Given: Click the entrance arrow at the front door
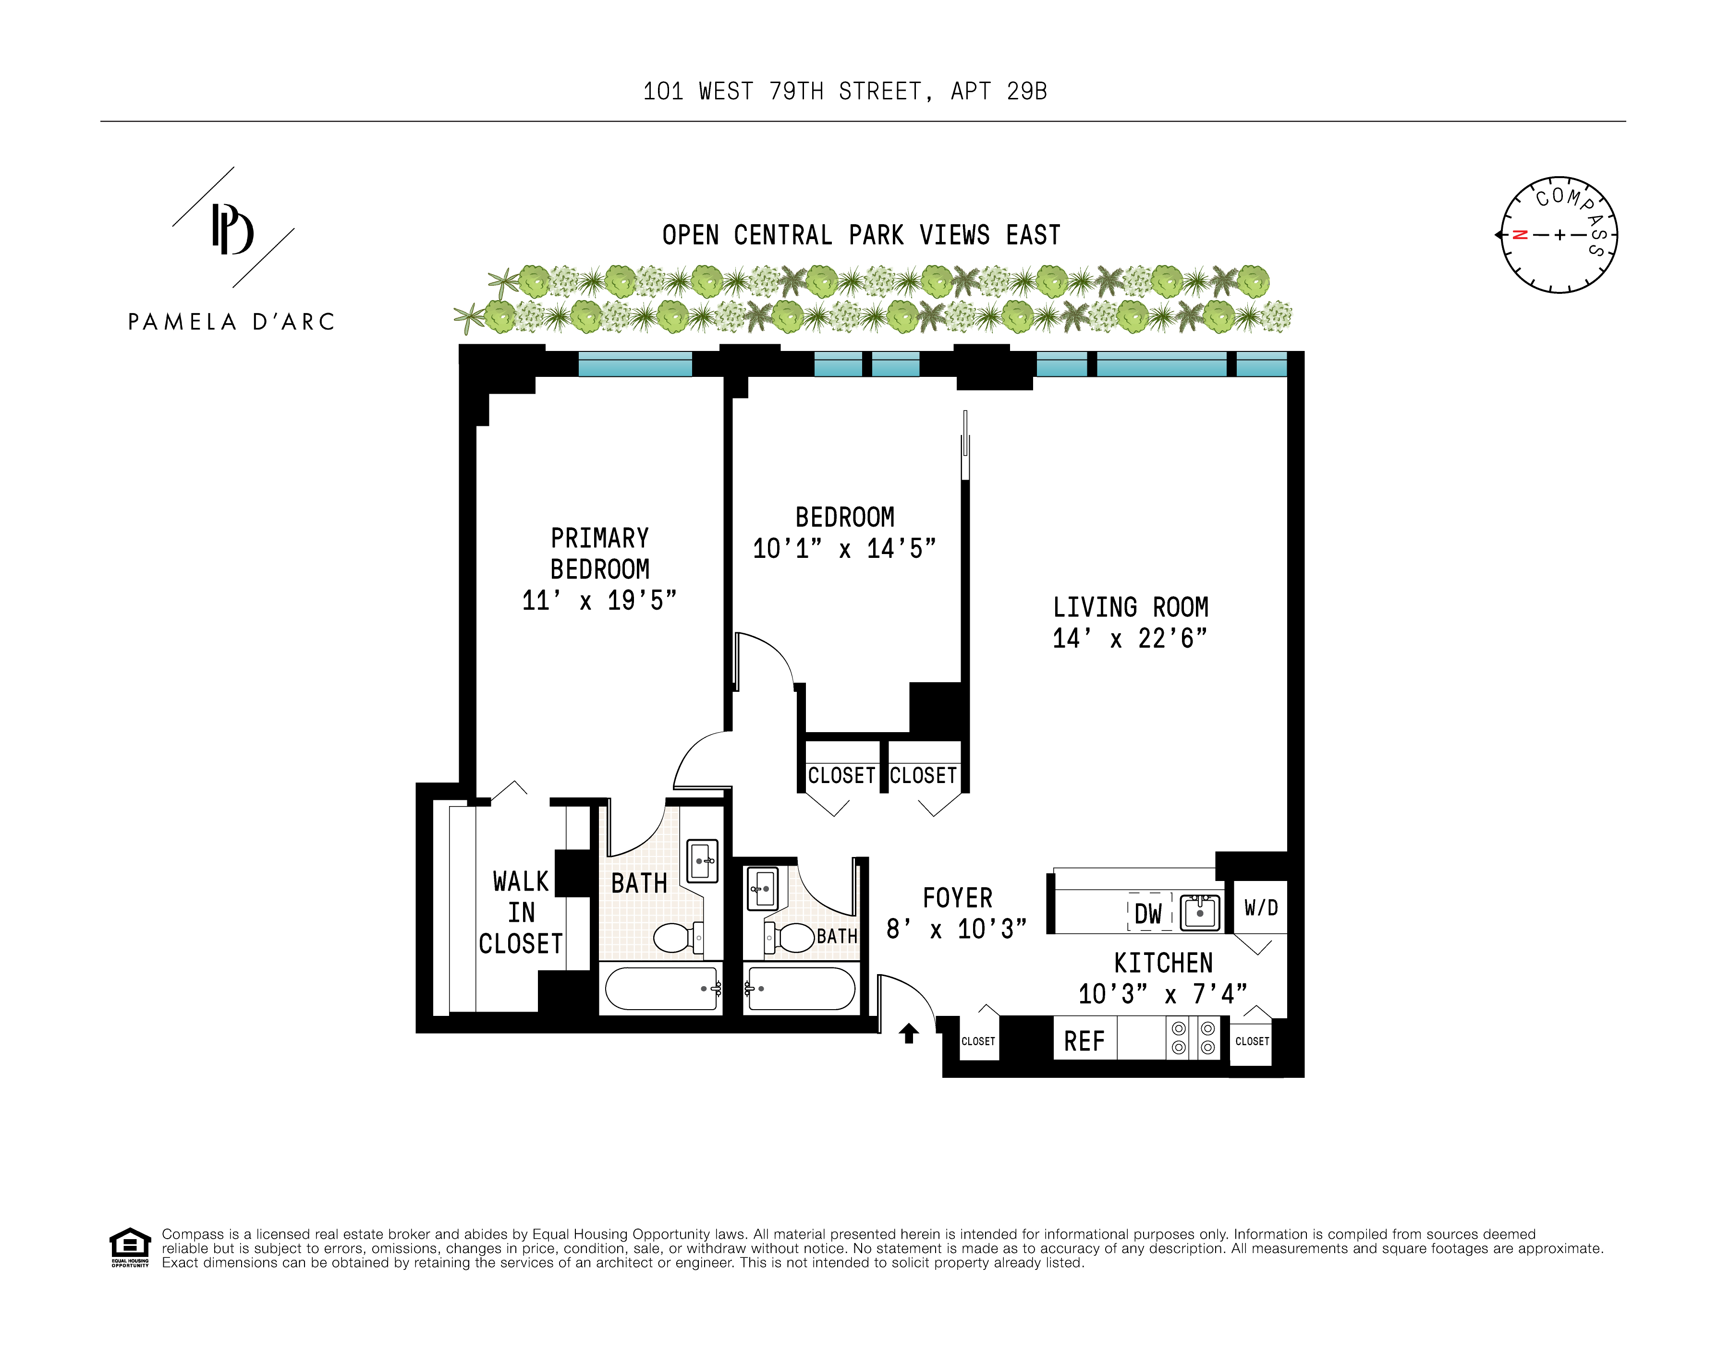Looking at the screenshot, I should (x=909, y=1034).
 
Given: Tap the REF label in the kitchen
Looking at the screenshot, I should (x=1084, y=1041).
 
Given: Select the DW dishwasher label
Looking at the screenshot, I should (x=1148, y=914).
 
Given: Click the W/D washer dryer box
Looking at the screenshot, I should (x=1260, y=907).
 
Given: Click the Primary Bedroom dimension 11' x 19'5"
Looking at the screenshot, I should (x=599, y=600).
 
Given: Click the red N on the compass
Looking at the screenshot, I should (x=1519, y=235).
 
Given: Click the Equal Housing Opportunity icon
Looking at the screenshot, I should (x=130, y=1247).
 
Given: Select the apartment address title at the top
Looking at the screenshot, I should (x=844, y=92).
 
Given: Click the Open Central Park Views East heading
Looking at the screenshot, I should (x=861, y=235).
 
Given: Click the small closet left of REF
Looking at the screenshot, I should (x=978, y=1040).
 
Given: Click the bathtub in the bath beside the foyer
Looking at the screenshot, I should (x=801, y=989).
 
